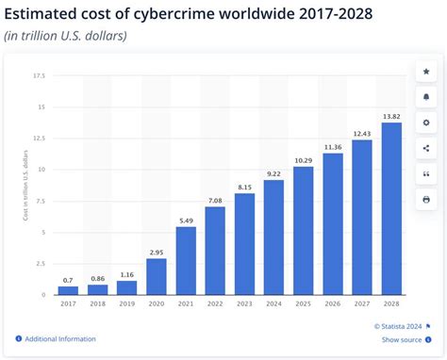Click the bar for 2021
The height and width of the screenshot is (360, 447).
[x=186, y=261]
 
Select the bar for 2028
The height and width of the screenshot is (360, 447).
[x=391, y=208]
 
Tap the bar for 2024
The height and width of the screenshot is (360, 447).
[x=273, y=237]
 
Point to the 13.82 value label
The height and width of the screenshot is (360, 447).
[x=391, y=115]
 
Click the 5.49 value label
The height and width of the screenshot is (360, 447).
[x=186, y=220]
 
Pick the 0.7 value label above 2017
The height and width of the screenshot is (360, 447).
[x=68, y=280]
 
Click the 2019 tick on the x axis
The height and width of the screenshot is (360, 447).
[x=127, y=304]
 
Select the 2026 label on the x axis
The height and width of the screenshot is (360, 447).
[x=333, y=304]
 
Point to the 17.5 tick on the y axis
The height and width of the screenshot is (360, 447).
[x=39, y=75]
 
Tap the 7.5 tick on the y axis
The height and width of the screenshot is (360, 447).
[x=41, y=201]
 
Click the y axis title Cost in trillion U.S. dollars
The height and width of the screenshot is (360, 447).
[x=25, y=185]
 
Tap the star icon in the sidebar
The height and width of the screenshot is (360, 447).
[x=426, y=71]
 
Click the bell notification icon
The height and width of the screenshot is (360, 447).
[x=426, y=96]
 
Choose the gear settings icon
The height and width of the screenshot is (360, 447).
[x=426, y=123]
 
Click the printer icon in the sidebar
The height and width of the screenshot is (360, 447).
[x=426, y=200]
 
